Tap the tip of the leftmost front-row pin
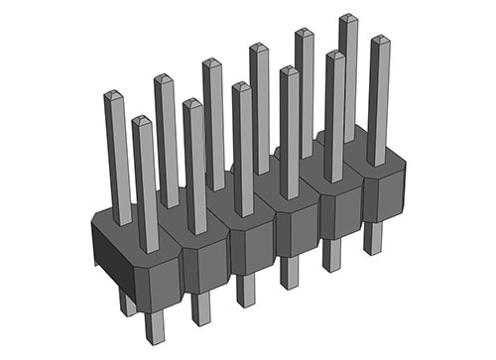[142, 120]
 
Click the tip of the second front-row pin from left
[191, 103]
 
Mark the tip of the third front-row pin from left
[241, 86]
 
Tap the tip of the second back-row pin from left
[164, 78]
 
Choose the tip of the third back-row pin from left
[211, 62]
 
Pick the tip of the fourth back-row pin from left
[257, 47]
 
